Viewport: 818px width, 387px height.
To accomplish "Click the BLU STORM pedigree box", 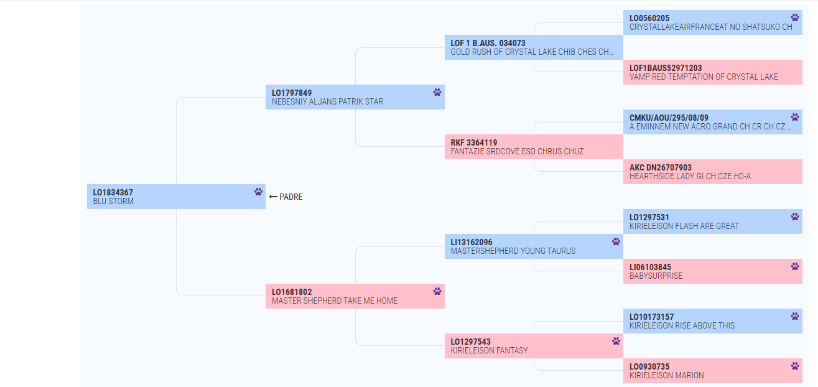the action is (x=176, y=197).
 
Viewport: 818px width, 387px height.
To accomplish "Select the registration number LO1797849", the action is (x=292, y=93).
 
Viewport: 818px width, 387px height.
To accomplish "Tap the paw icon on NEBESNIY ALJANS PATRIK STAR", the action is (x=437, y=92).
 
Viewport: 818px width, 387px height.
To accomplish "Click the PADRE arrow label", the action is (x=286, y=197).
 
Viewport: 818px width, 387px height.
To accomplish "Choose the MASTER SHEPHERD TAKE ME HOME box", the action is (x=355, y=296).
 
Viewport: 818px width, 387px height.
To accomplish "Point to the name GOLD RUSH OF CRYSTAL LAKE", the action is (x=504, y=52).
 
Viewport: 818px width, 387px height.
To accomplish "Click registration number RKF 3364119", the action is (x=473, y=142).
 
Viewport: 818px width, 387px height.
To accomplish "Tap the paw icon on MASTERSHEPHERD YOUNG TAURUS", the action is (x=616, y=241).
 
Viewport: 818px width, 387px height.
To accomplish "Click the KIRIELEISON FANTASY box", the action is (x=534, y=346).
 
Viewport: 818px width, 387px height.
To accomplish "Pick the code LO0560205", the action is (x=649, y=18).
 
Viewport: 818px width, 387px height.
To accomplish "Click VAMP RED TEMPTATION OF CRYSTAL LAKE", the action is (x=704, y=77).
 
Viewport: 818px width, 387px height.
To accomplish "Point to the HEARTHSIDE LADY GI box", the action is (x=713, y=172).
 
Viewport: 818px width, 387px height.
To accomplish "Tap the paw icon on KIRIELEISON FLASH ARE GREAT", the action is (x=795, y=217).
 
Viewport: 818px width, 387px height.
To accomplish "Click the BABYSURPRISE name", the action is (x=656, y=276).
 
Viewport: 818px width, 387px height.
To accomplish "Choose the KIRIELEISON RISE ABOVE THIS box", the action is (x=713, y=321).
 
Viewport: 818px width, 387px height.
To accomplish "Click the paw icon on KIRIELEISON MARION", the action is (x=795, y=366).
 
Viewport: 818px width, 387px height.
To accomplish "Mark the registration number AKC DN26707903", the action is (x=660, y=167).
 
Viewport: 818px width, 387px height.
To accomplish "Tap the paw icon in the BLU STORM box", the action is (x=259, y=192).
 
